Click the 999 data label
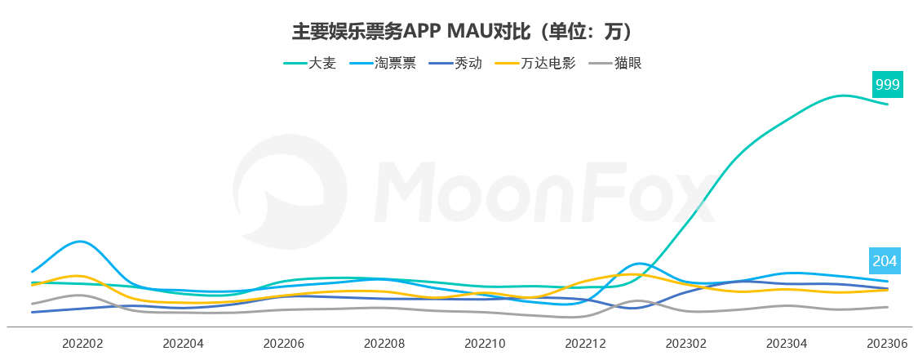coord(887,84)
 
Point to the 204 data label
coord(886,261)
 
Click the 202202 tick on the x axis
coord(82,344)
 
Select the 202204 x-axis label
coord(183,344)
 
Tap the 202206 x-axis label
coord(284,344)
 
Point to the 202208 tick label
coord(384,344)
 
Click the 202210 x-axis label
coord(485,344)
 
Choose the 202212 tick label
coord(586,344)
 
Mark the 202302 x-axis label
coord(686,344)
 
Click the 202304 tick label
coord(787,344)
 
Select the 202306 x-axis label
coord(887,344)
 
